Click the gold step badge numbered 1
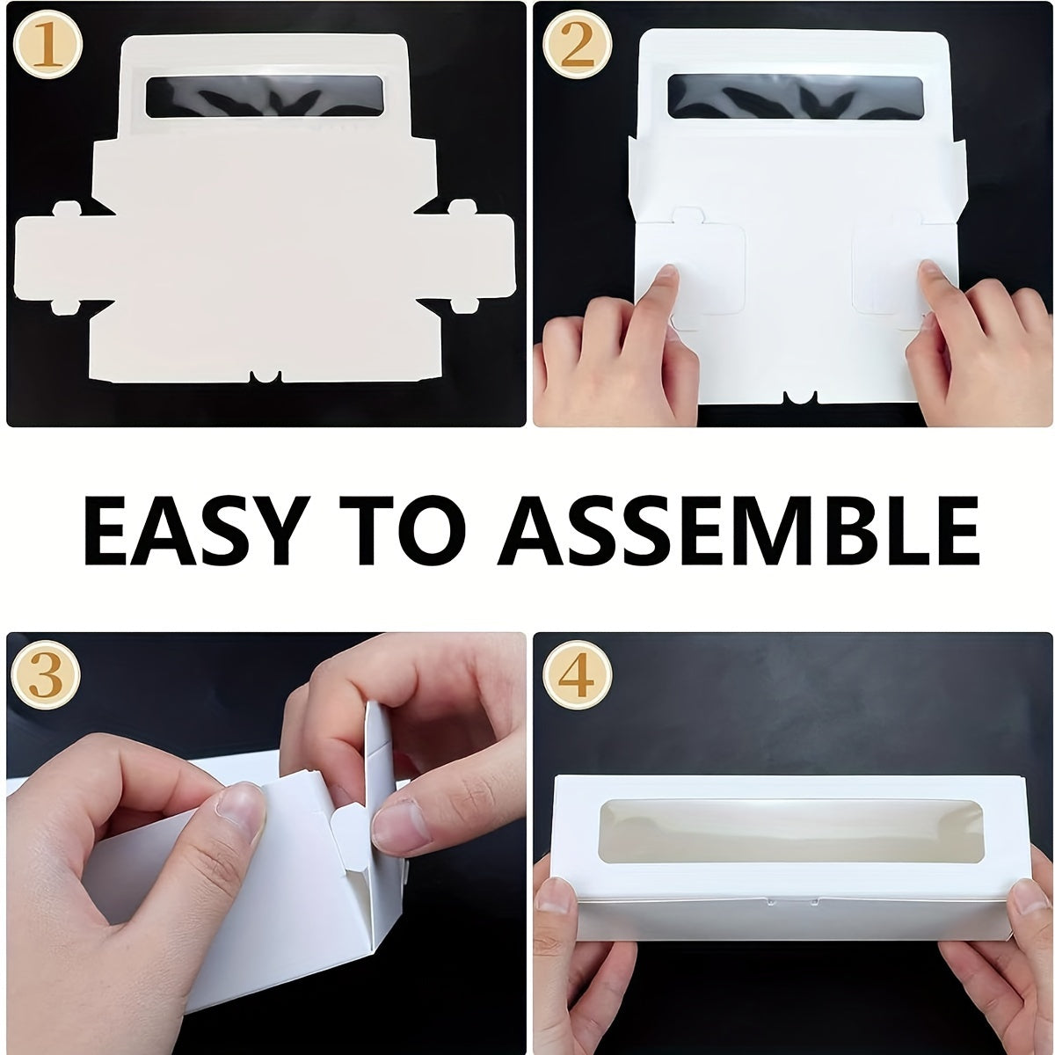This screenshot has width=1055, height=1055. coord(47,46)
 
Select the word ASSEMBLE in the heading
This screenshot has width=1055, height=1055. coord(738,530)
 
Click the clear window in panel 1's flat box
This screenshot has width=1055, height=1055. coord(265,97)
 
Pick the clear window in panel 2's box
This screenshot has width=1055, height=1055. coord(795,97)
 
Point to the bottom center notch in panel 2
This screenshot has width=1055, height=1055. coord(800,397)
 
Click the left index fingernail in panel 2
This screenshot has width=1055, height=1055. coord(666,275)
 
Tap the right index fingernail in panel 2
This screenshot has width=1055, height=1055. coord(933,270)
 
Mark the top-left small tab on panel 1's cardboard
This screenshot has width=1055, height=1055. coord(67,209)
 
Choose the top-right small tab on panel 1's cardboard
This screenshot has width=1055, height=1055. coord(463,207)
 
